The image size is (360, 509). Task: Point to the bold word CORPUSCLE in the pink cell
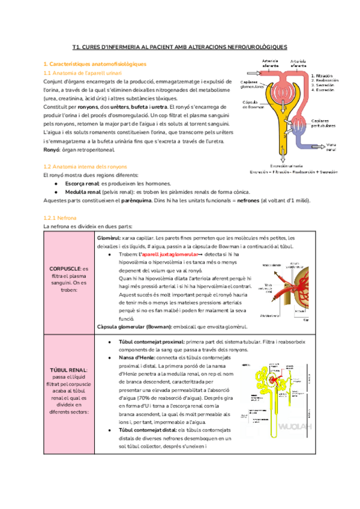pos(62,270)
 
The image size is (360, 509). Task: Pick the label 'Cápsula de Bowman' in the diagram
pos(252,104)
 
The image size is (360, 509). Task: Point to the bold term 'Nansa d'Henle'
pos(136,357)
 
